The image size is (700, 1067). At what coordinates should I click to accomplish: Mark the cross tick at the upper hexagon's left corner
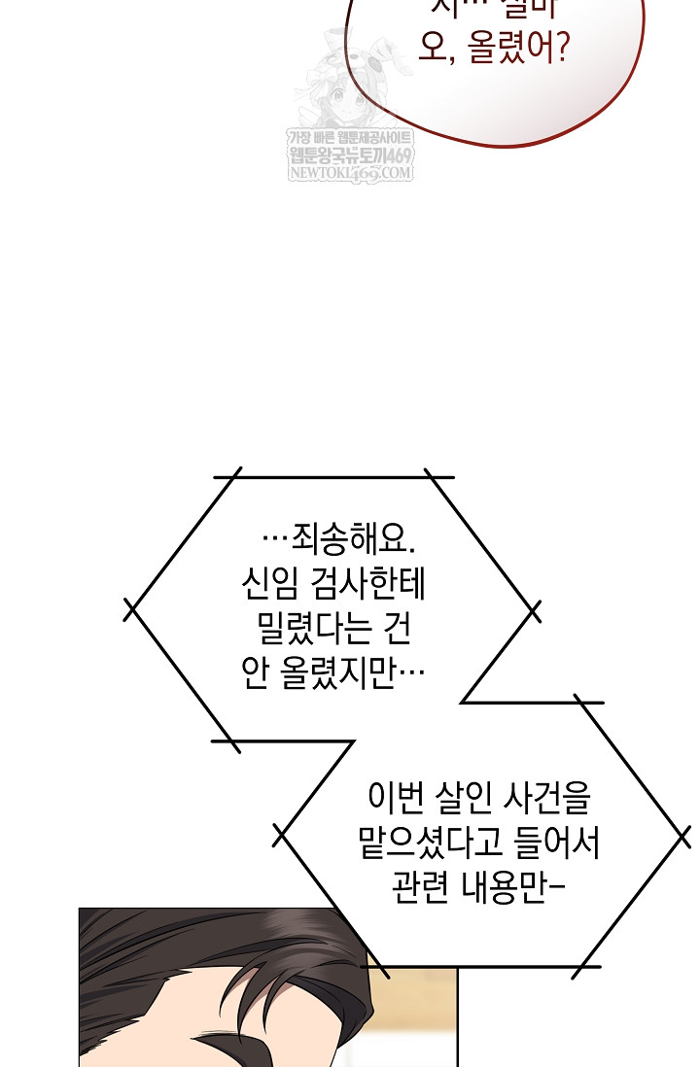click(x=129, y=610)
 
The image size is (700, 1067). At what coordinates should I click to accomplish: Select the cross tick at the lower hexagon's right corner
click(x=682, y=836)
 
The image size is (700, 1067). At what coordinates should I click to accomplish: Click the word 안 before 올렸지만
click(x=256, y=674)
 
